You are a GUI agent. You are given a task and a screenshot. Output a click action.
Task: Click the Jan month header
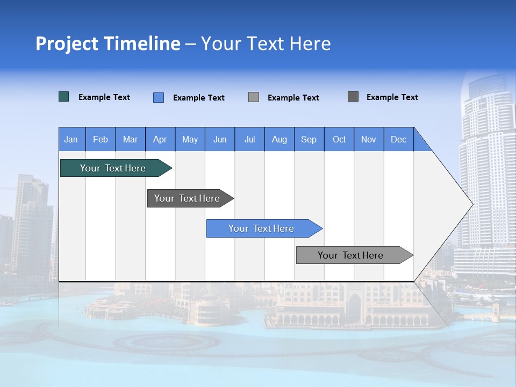tap(71, 139)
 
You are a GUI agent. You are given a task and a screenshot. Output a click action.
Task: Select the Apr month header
tap(160, 139)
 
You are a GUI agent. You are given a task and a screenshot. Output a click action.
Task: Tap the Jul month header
tap(249, 139)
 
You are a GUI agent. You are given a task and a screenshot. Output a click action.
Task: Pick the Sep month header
tap(309, 139)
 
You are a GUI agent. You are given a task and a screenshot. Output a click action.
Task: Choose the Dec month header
tap(398, 139)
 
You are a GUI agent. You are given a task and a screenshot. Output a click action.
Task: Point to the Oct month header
tap(339, 139)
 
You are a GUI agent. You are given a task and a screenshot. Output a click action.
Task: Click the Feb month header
tap(101, 139)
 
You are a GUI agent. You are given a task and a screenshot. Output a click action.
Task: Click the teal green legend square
tap(64, 97)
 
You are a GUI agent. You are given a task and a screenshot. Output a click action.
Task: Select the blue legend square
tap(159, 97)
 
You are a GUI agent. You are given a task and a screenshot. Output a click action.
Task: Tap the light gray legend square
tap(254, 97)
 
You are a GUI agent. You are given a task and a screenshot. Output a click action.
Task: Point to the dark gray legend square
tap(353, 97)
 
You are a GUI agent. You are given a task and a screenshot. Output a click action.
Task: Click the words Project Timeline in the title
tap(108, 44)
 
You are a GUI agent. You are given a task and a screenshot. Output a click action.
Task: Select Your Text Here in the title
tap(266, 44)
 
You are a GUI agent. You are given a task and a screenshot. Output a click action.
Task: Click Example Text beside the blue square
tap(198, 98)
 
